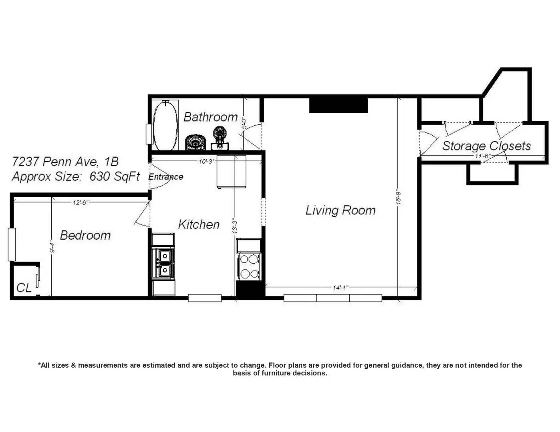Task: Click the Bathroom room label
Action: coord(210,117)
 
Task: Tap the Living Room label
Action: coord(340,210)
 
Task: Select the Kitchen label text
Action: coord(199,224)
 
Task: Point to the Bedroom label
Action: coord(85,235)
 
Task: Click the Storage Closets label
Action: coord(487,146)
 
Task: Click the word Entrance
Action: coord(166,177)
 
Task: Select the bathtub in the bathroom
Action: coord(165,125)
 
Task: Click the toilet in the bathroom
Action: coord(220,138)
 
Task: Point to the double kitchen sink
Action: coord(163,263)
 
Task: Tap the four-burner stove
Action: coord(249,266)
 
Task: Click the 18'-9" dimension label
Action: coord(399,198)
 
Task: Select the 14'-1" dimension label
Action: coord(340,287)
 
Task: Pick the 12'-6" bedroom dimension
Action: coord(81,202)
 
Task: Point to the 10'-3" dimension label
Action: coord(207,161)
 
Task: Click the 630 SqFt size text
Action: coord(115,177)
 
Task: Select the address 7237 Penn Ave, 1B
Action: coord(65,162)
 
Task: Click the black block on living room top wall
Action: coord(338,105)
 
